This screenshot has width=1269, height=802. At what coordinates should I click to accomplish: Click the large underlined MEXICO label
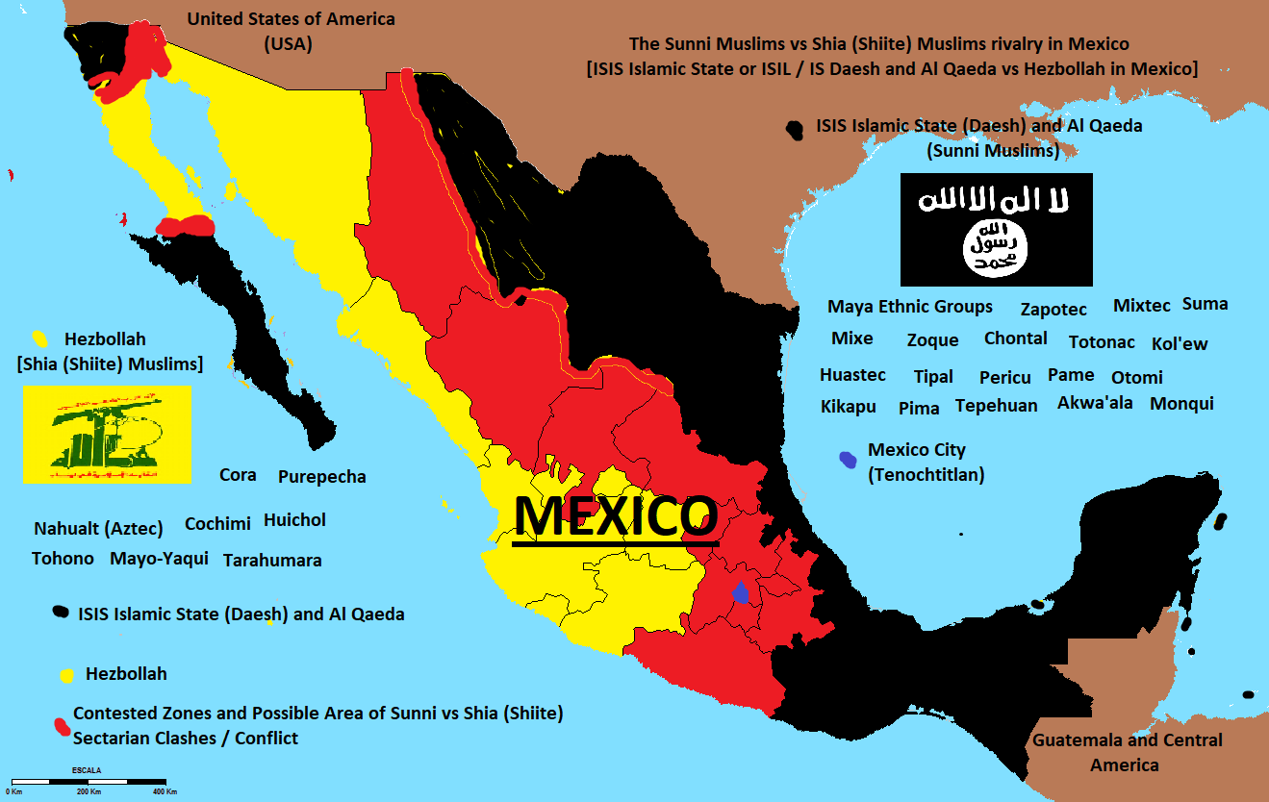[x=616, y=517]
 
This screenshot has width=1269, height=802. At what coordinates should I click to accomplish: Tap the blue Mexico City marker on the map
[x=740, y=592]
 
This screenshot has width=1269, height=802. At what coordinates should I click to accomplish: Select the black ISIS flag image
[x=996, y=230]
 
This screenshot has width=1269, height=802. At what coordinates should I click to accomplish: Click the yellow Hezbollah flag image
[x=107, y=435]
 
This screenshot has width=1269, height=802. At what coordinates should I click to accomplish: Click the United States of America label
[x=291, y=30]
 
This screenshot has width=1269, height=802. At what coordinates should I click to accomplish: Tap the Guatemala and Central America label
[x=1127, y=752]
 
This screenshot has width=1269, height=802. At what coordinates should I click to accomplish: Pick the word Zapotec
[x=1053, y=309]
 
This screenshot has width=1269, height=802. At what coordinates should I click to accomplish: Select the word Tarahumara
[x=272, y=561]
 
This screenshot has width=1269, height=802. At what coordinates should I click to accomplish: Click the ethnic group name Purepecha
[x=321, y=477]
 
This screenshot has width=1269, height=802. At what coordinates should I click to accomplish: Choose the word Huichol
[x=294, y=520]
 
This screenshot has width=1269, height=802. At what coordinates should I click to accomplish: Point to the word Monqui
[x=1181, y=403]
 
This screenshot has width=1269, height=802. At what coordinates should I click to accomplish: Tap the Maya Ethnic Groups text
[x=909, y=307]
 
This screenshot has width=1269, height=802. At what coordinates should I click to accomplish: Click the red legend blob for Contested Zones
[x=61, y=724]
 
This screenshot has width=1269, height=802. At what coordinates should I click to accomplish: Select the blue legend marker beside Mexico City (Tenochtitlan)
[x=848, y=460]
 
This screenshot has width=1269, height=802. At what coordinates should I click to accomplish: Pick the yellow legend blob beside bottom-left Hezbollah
[x=68, y=675]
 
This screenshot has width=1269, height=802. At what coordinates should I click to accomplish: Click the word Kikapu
[x=848, y=407]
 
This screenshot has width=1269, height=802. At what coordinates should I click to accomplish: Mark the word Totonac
[x=1102, y=342]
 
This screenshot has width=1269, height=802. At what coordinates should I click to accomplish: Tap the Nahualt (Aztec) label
[x=98, y=528]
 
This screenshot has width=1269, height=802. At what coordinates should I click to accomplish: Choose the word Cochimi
[x=217, y=524]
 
